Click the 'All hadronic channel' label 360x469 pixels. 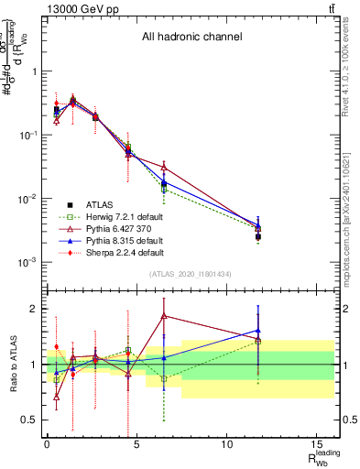click(x=191, y=38)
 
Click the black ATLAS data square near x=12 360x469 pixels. click(x=258, y=236)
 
